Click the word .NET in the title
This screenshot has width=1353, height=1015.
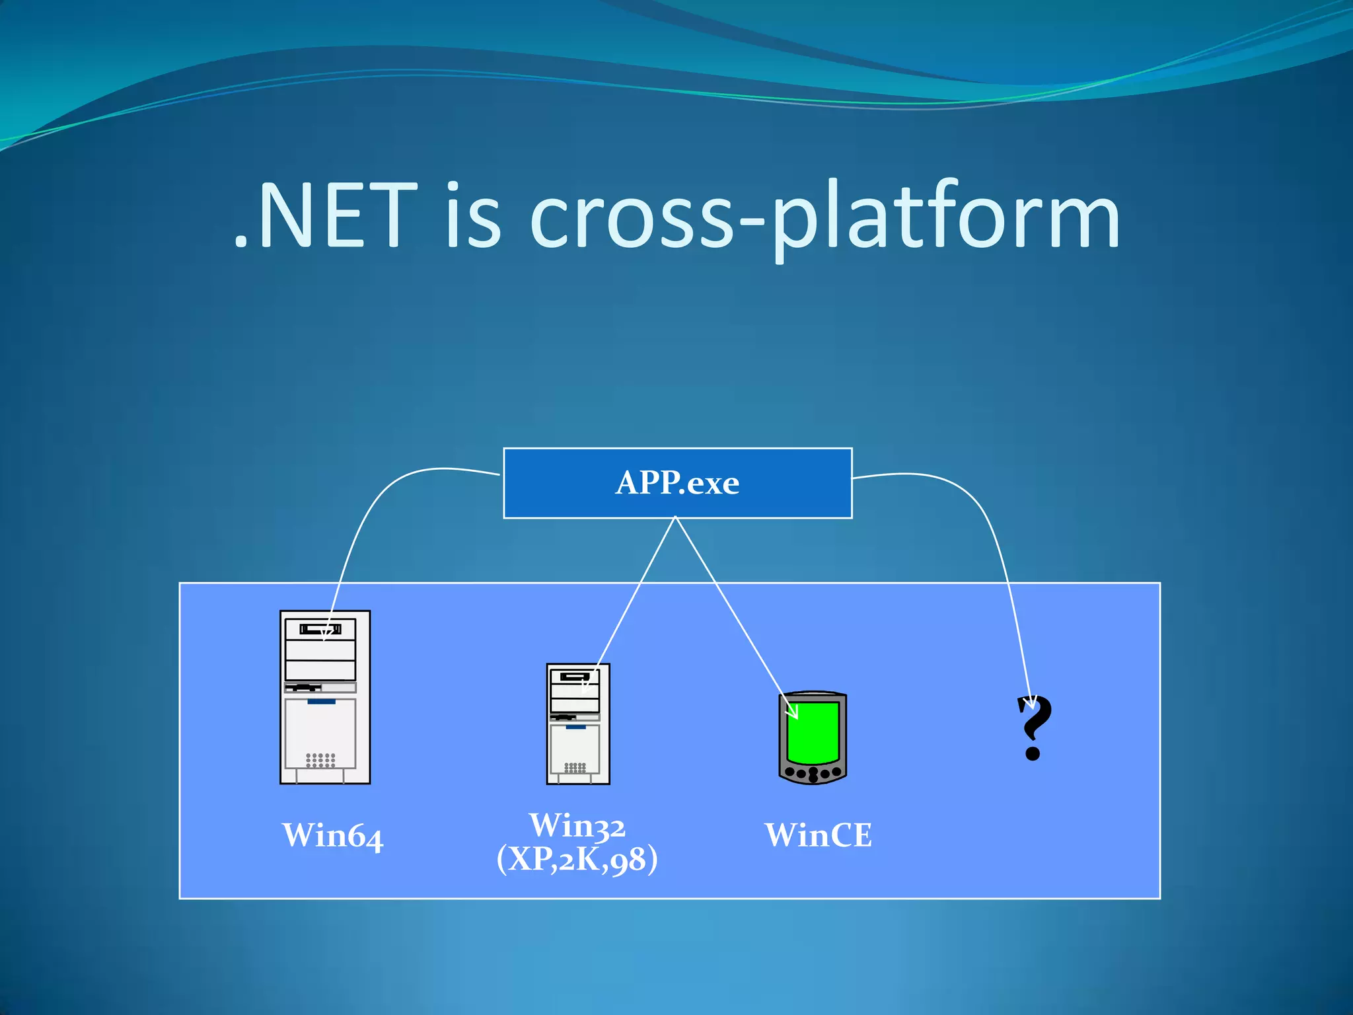(x=326, y=217)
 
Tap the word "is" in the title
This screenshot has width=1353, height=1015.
(x=473, y=217)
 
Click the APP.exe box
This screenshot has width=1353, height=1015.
(x=677, y=483)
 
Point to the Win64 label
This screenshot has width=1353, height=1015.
(x=332, y=835)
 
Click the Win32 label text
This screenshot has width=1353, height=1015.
(x=577, y=825)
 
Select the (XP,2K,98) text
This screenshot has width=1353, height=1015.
(x=577, y=859)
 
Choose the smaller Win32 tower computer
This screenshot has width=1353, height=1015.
(x=578, y=740)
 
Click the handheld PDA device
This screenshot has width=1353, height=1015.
(x=813, y=738)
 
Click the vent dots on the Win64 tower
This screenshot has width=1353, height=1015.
(x=320, y=760)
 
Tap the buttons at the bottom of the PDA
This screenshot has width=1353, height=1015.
(x=813, y=772)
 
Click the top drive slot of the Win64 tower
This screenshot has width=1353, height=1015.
(x=320, y=629)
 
